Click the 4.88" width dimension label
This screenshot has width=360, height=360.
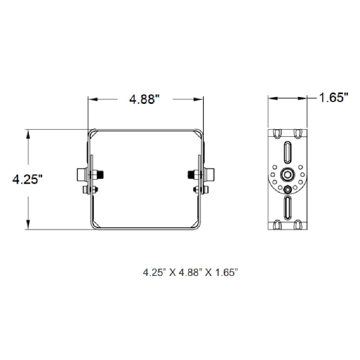[x=145, y=99]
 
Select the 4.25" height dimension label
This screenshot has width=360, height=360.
[x=27, y=180]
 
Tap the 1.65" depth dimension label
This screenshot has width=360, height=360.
[x=334, y=98]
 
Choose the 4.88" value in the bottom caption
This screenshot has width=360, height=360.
[x=189, y=272]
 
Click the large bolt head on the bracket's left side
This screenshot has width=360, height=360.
[x=81, y=174]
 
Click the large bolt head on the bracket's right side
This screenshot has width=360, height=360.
[x=209, y=174]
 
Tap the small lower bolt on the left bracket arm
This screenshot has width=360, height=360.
[x=86, y=190]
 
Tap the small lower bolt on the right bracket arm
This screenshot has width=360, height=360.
[x=204, y=190]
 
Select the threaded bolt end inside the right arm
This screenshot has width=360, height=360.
[x=191, y=174]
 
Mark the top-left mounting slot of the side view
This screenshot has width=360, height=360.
[x=276, y=133]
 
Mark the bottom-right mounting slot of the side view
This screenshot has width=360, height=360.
[x=298, y=224]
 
